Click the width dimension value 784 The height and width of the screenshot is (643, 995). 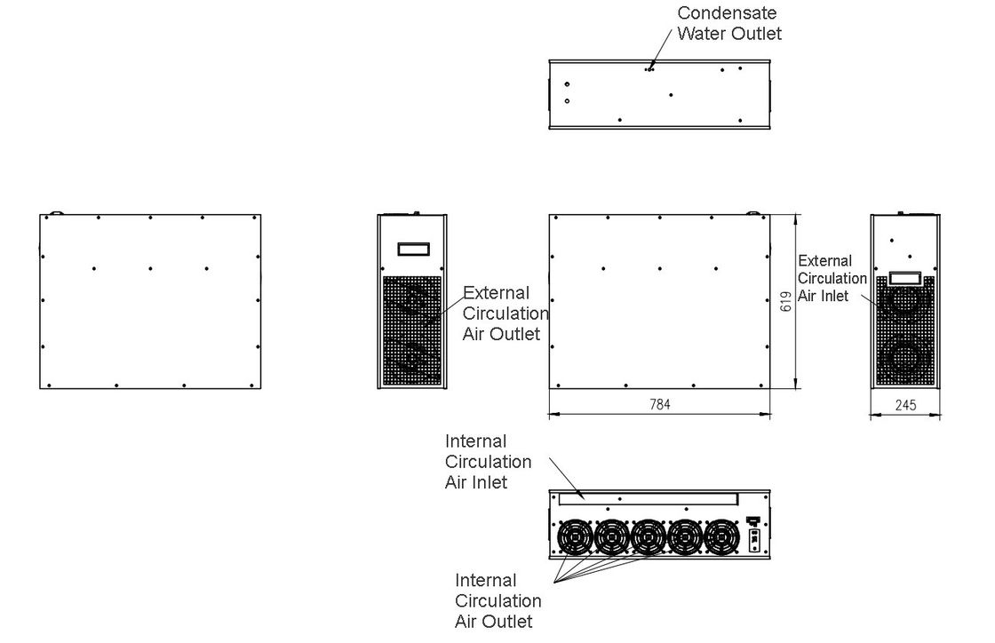click(659, 404)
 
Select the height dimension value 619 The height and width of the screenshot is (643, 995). click(786, 302)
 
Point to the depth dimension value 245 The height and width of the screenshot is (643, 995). click(905, 405)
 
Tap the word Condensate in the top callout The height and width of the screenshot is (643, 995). click(727, 13)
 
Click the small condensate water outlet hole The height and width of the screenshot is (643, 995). click(650, 67)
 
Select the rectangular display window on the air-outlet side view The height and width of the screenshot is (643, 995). click(412, 250)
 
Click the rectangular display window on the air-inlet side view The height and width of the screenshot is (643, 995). click(904, 278)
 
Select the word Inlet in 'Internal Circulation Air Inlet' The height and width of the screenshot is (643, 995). click(490, 482)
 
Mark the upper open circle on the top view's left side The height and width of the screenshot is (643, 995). click(567, 84)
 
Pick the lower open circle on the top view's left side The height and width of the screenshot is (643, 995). click(567, 100)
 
